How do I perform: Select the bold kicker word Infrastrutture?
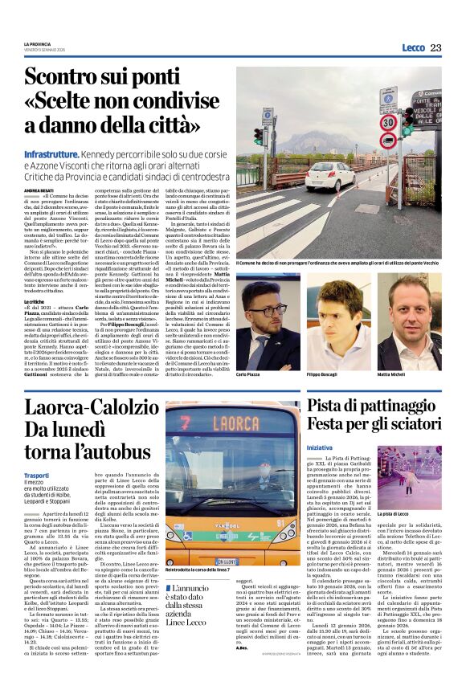pyautogui.click(x=51, y=153)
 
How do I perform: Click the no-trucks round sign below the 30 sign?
pyautogui.click(x=389, y=145)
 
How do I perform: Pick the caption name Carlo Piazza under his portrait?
pyautogui.click(x=250, y=352)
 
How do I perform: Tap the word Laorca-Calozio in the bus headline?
pyautogui.click(x=80, y=408)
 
